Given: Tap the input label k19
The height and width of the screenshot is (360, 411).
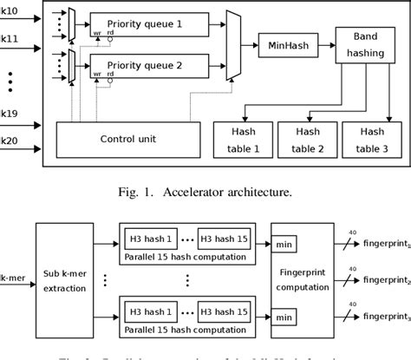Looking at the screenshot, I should pyautogui.click(x=10, y=114).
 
